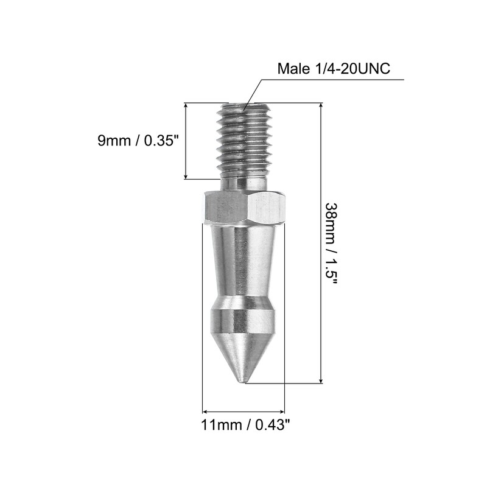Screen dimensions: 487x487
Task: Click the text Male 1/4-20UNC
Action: coord(334,69)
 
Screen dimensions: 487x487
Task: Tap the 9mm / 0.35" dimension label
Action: coord(139,141)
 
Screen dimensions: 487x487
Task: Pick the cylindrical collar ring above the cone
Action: coord(243,320)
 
